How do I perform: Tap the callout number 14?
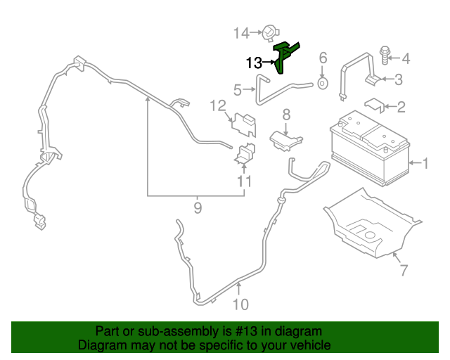pos(241,33)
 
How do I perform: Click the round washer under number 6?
pos(323,83)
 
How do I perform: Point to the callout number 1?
pos(425,163)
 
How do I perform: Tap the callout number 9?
pos(198,208)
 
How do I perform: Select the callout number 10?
pos(240,304)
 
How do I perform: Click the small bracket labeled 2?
pos(374,105)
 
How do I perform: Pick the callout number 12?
pos(218,106)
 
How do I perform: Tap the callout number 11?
pos(245,181)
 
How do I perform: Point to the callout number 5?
pos(238,90)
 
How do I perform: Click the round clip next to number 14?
pos(270,33)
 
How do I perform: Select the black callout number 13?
pos(255,63)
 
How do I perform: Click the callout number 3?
pos(399,79)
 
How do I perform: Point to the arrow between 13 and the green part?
pos(269,62)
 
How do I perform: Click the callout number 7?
pos(404,270)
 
